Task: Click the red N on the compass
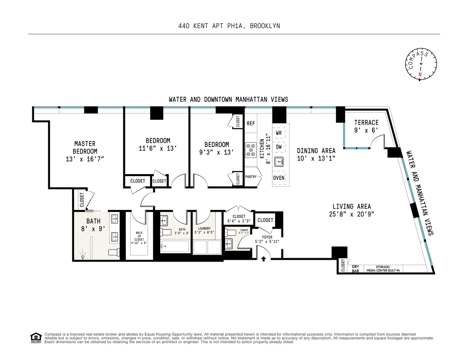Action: click(420, 74)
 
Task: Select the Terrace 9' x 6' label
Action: click(366, 126)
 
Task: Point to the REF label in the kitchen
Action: click(251, 124)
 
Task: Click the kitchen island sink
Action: click(279, 162)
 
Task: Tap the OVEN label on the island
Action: click(279, 178)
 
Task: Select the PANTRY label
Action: click(251, 177)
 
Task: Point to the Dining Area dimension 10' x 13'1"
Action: click(316, 158)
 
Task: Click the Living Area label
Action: click(351, 206)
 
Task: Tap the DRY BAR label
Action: click(355, 268)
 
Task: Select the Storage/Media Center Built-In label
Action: click(385, 268)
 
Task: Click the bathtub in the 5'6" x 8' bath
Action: click(175, 246)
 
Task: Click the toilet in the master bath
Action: click(114, 252)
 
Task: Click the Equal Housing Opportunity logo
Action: click(36, 338)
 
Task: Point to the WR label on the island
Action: click(279, 133)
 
